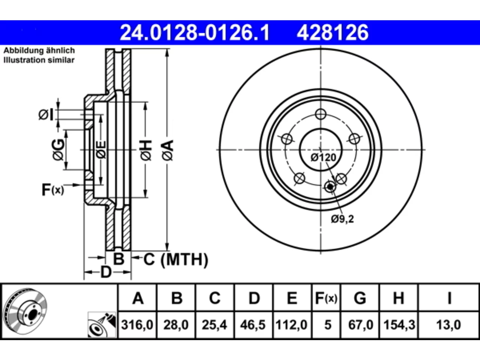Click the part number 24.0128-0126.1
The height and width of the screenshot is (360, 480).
point(195,33)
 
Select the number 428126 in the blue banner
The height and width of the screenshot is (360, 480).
point(333,33)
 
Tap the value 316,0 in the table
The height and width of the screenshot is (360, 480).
point(137,325)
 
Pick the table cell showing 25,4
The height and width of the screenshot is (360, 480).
point(214,325)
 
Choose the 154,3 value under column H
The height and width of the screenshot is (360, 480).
point(399,325)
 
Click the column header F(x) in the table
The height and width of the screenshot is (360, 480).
point(326,298)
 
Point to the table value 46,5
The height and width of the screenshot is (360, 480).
point(253,325)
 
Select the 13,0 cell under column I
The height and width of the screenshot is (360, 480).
point(448,325)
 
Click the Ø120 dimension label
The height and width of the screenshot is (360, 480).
point(323,157)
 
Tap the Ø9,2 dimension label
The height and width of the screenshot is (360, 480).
point(342,219)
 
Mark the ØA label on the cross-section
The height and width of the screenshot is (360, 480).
point(168,150)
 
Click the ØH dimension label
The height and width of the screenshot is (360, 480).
point(146,150)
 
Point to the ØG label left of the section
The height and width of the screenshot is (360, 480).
point(58,150)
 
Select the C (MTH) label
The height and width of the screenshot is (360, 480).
point(176,259)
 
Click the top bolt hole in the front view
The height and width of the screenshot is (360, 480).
point(321,114)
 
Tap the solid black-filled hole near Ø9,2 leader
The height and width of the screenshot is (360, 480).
point(330,187)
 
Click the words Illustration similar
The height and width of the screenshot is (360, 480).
point(39,60)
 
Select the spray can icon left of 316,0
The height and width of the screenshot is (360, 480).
point(102,325)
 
